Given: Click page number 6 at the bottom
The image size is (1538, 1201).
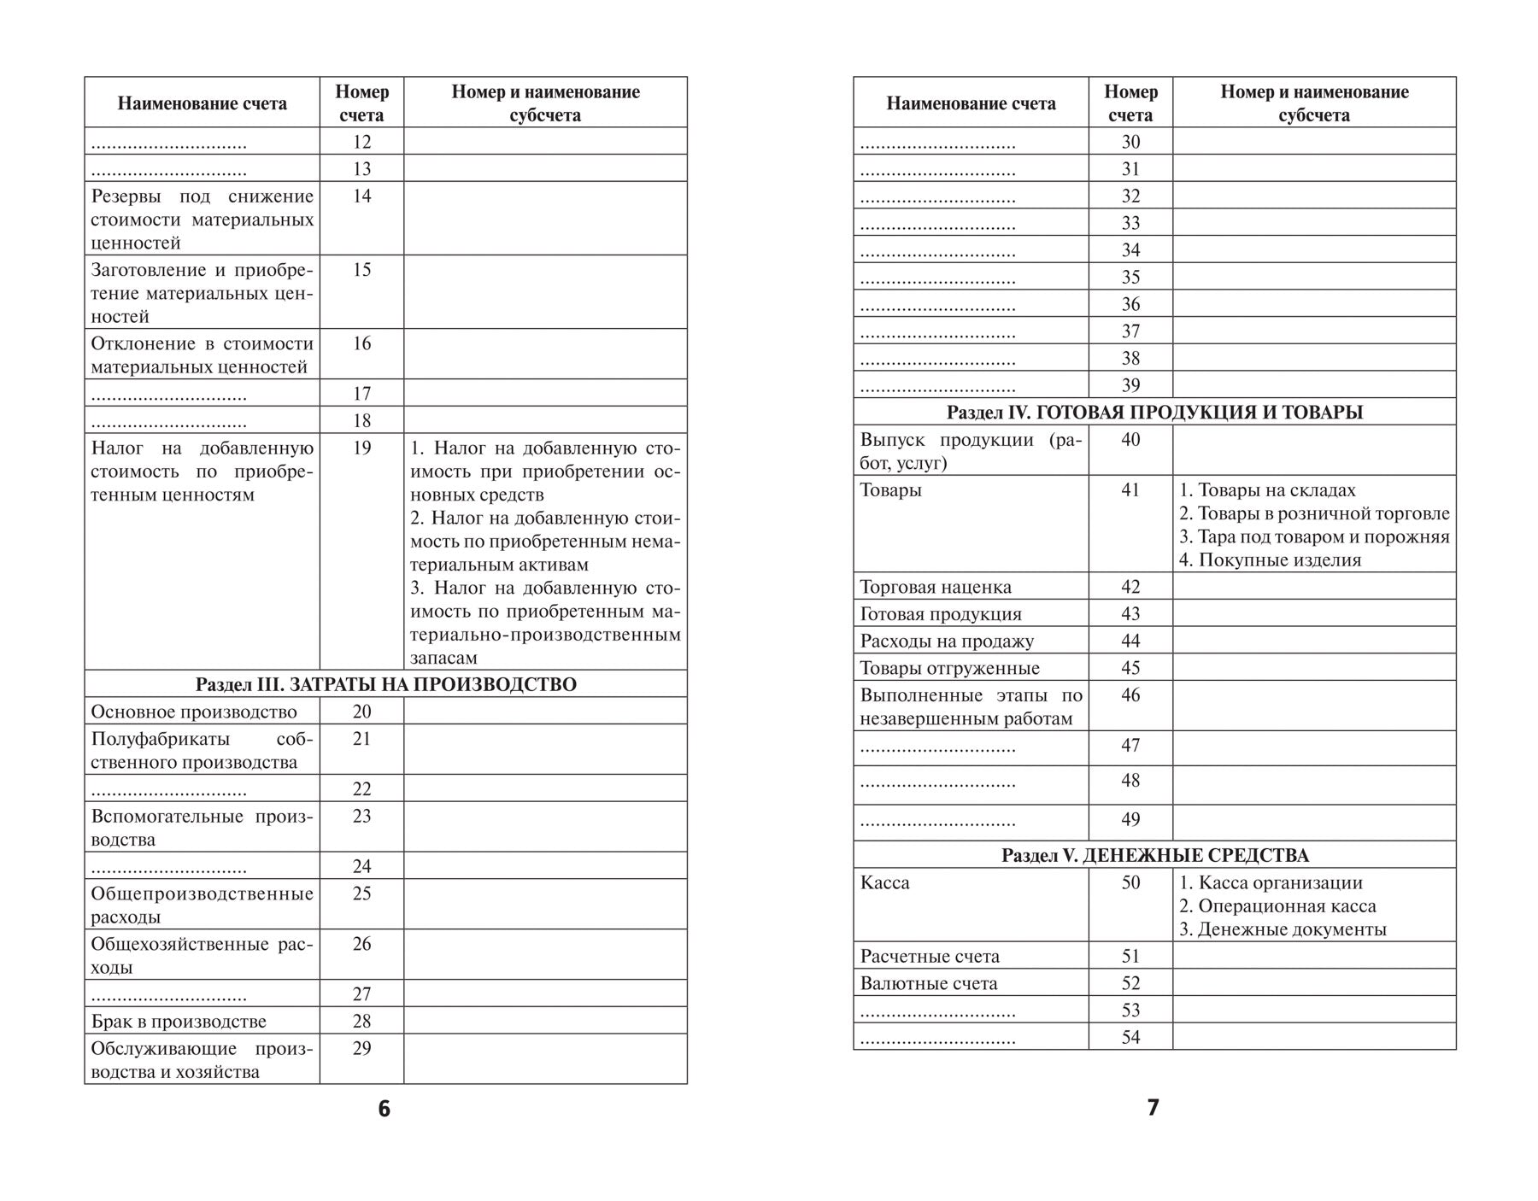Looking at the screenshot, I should (x=384, y=1109).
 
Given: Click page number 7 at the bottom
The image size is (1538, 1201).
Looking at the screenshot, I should (x=1153, y=1108).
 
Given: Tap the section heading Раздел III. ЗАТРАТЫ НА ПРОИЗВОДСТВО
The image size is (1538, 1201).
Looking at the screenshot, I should (x=385, y=684).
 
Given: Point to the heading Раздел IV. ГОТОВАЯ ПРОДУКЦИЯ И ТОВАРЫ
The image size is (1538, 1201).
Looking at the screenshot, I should (x=1154, y=412).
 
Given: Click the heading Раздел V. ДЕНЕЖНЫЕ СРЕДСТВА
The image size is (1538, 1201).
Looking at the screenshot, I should (x=1154, y=855).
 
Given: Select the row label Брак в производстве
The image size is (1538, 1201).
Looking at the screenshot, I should (x=179, y=1022).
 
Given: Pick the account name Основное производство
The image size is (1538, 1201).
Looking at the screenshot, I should (x=194, y=712).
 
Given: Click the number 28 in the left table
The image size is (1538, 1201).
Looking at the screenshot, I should (x=361, y=1022).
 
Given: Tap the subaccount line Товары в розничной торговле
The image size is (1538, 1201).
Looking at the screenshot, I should (x=1314, y=513).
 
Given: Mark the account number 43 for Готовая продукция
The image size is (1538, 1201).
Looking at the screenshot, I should (x=1130, y=614).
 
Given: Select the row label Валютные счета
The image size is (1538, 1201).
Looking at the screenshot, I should (x=929, y=983).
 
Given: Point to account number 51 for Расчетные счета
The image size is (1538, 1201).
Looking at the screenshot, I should (x=1130, y=957).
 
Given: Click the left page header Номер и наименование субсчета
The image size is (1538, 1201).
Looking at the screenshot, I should (x=545, y=103).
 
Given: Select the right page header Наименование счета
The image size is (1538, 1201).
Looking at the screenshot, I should (x=971, y=103).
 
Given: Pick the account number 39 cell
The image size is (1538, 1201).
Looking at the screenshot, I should (x=1130, y=385).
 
